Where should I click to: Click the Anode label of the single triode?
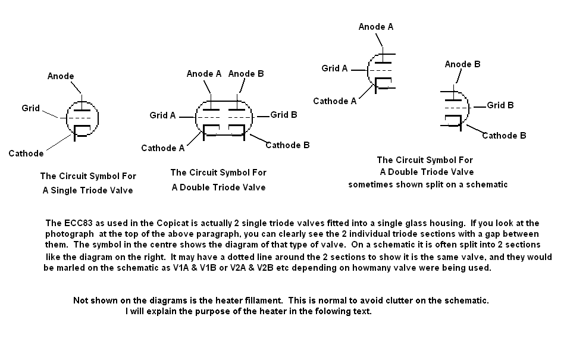coord(61,76)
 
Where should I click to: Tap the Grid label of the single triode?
coord(30,108)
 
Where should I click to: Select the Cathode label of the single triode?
coord(26,154)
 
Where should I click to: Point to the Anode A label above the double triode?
coord(203,74)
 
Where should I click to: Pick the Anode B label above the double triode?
coord(246,74)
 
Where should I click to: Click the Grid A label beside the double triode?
coord(162,115)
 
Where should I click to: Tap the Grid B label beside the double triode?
coord(284,115)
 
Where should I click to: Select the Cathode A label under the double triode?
coord(162,148)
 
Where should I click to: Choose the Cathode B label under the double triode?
coord(287,145)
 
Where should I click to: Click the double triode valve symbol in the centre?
coord(224,118)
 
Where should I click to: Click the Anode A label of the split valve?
coord(375,27)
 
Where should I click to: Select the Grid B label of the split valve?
coord(500,105)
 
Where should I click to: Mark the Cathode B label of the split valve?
coord(504,136)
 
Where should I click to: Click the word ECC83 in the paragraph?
coord(75,223)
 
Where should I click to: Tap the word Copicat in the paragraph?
coord(146,223)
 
